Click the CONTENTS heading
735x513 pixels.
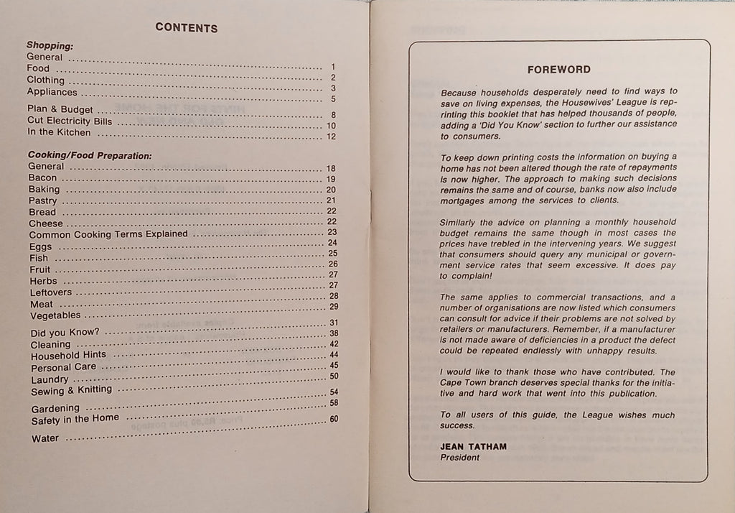pyautogui.click(x=186, y=28)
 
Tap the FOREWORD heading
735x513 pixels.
pyautogui.click(x=558, y=70)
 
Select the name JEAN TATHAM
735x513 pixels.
pyautogui.click(x=474, y=446)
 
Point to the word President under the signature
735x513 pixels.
pyautogui.click(x=459, y=458)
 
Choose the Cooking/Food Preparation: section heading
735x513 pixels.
pyautogui.click(x=90, y=154)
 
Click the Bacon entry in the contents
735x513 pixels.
pyautogui.click(x=42, y=177)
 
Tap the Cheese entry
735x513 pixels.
pyautogui.click(x=46, y=223)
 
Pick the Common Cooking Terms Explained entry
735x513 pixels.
pyautogui.click(x=108, y=234)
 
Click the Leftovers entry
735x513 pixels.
pyautogui.click(x=50, y=292)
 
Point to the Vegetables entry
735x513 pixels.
pyautogui.click(x=55, y=315)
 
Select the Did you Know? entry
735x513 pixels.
pyautogui.click(x=65, y=333)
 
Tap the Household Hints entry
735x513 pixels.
pyautogui.click(x=68, y=355)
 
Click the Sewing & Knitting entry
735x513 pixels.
pyautogui.click(x=72, y=390)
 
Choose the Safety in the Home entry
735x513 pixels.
pyautogui.click(x=75, y=419)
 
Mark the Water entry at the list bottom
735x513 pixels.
pyautogui.click(x=45, y=438)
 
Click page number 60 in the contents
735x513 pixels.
pyautogui.click(x=333, y=419)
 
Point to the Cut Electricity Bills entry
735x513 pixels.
pyautogui.click(x=70, y=121)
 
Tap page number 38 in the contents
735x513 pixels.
pyautogui.click(x=333, y=333)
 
